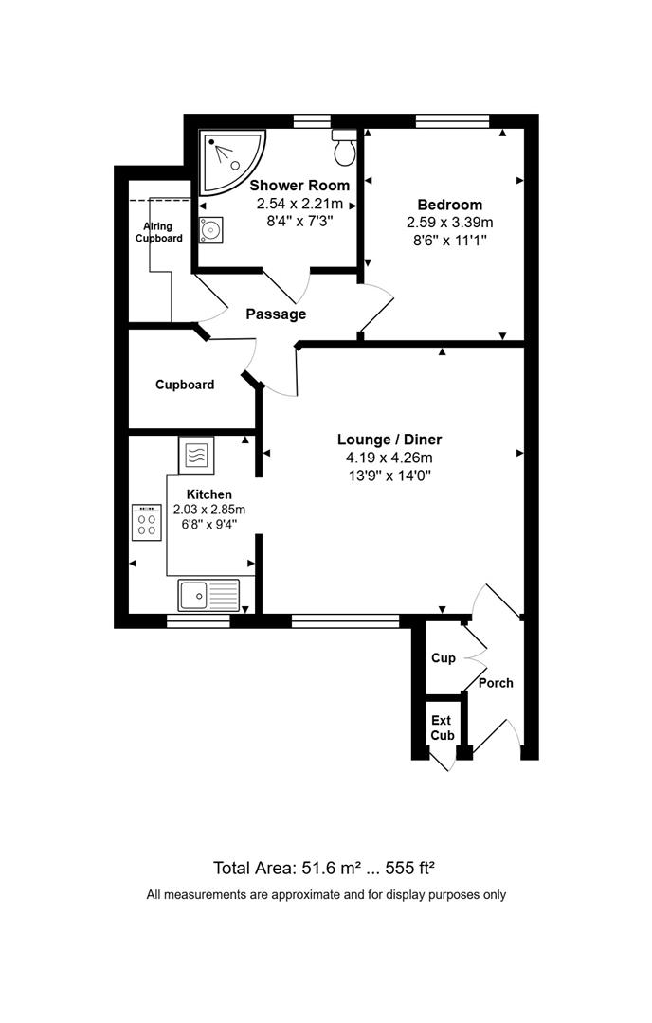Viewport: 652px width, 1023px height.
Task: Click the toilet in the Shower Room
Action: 345,150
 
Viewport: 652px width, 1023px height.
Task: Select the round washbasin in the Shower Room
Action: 210,229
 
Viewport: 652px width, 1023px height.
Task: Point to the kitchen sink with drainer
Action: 208,595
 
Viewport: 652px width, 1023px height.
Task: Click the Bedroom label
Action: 450,205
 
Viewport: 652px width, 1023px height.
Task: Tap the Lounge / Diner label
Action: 389,440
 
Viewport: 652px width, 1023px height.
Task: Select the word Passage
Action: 276,314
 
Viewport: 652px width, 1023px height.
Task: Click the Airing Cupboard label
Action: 163,232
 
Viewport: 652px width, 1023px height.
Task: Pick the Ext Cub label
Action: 443,728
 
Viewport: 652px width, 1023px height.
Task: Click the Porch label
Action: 496,683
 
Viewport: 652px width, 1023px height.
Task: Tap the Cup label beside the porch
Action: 443,658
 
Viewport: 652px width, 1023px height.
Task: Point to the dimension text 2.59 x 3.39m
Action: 450,223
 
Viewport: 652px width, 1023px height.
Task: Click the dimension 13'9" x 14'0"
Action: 389,476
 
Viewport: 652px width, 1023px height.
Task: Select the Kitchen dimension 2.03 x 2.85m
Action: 208,510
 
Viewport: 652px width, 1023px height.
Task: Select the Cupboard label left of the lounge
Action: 185,385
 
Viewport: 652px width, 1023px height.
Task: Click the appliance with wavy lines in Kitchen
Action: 196,455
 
